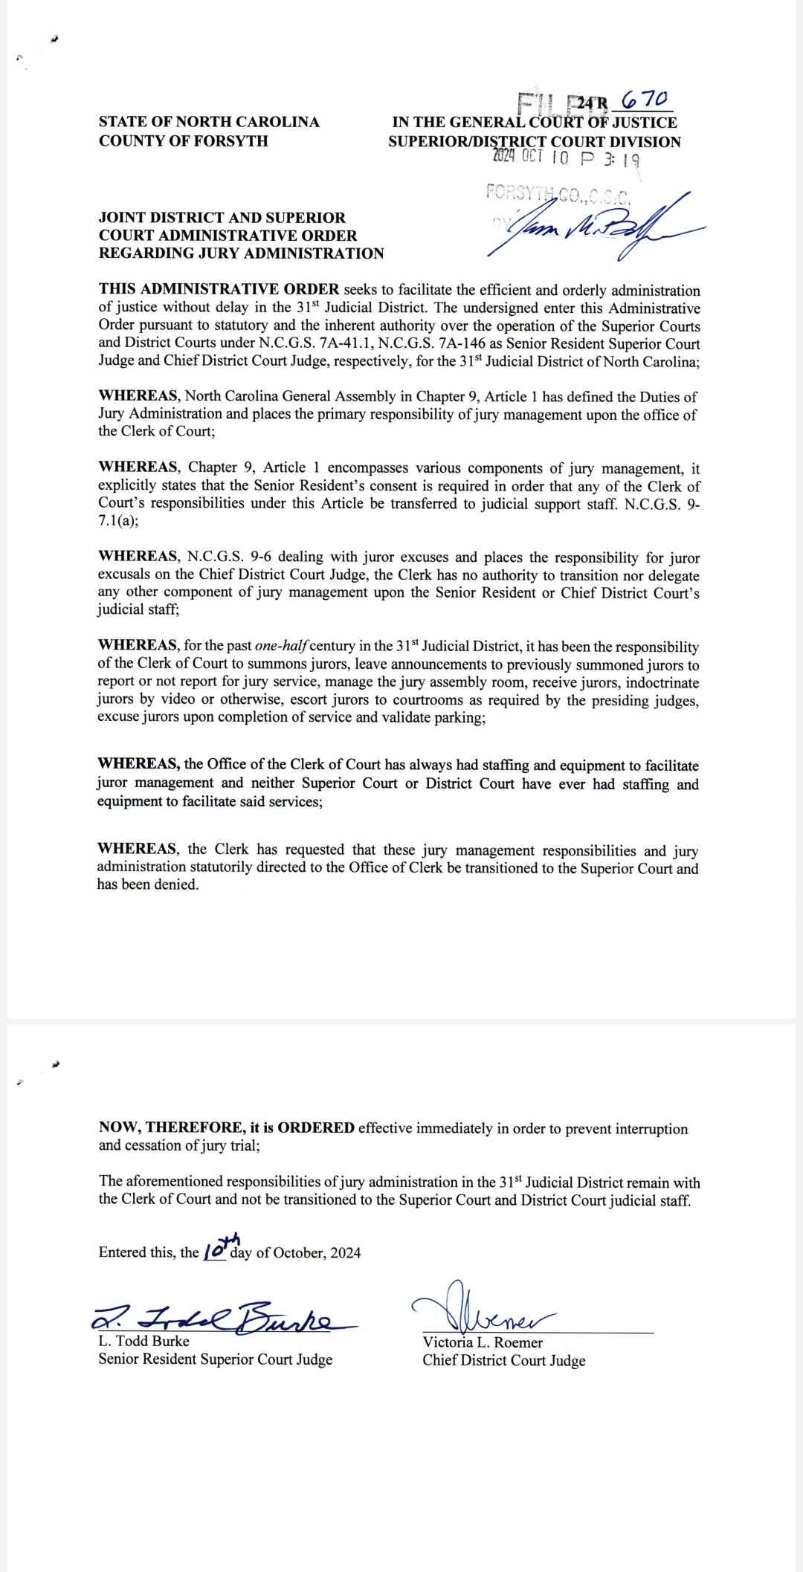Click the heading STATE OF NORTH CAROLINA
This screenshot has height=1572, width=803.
[209, 122]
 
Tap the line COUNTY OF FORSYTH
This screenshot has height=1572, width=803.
[183, 141]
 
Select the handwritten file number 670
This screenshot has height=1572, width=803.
[645, 99]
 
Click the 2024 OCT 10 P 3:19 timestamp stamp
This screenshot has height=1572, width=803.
[565, 158]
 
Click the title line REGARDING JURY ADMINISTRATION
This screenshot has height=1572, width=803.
[241, 253]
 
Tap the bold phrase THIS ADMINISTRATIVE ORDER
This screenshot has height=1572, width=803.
[219, 289]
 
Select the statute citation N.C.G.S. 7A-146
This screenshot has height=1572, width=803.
[430, 343]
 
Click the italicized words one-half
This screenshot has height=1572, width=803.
[281, 646]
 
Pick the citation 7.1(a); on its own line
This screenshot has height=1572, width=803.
[117, 521]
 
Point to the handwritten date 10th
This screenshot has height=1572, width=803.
[221, 1246]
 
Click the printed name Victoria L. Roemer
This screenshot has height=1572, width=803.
[483, 1342]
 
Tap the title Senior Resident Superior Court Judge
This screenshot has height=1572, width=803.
[215, 1359]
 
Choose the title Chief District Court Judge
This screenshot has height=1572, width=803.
[503, 1361]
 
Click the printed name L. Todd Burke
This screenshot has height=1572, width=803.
[143, 1341]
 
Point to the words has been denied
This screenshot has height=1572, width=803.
[147, 884]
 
